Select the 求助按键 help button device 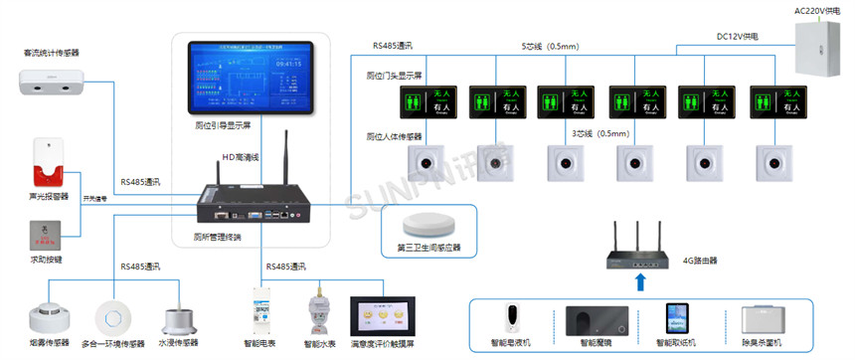pos(47,236)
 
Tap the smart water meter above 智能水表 pos(320,311)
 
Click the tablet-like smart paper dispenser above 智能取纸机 pos(680,319)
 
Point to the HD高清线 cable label pos(240,157)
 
